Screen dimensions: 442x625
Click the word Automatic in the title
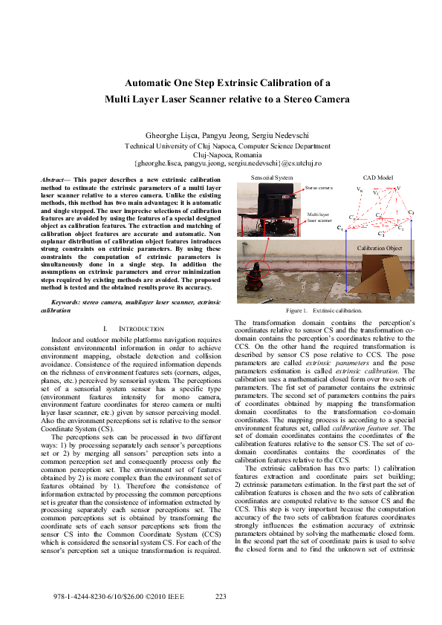(150, 82)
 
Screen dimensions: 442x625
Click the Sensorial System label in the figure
(272, 178)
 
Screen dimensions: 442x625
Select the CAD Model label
(377, 178)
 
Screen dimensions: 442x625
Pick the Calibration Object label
(379, 247)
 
